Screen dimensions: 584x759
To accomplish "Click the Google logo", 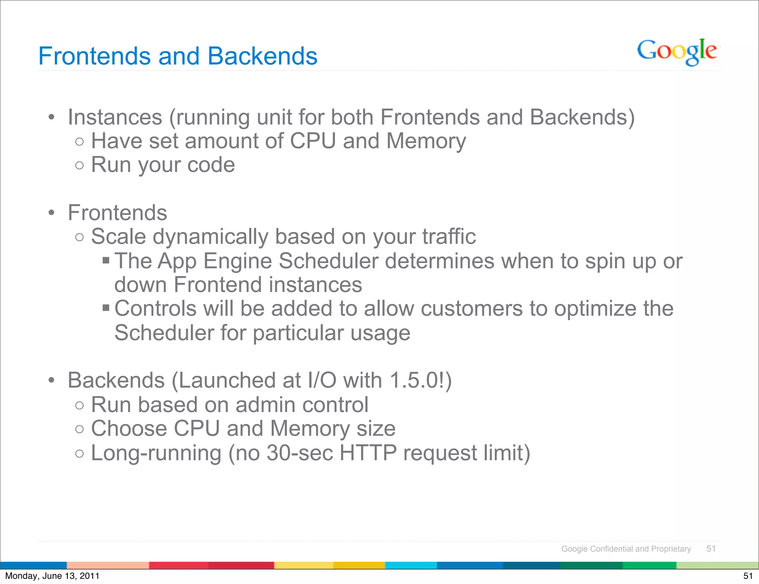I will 677,52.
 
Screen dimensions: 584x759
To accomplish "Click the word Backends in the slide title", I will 262,56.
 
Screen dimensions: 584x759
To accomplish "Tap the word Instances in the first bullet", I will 115,117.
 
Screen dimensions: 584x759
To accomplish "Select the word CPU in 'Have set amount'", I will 312,141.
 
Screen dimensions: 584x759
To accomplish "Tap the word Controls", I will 155,308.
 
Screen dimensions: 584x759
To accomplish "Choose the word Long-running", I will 156,453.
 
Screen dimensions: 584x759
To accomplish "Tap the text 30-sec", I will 299,453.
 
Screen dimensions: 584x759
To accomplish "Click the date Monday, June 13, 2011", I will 52,576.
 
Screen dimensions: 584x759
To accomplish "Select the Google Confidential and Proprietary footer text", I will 626,549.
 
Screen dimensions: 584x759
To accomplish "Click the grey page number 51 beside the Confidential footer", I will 711,549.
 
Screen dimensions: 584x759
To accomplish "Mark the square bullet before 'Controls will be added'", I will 106,308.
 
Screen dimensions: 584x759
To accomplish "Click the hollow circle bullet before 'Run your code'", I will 79,165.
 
